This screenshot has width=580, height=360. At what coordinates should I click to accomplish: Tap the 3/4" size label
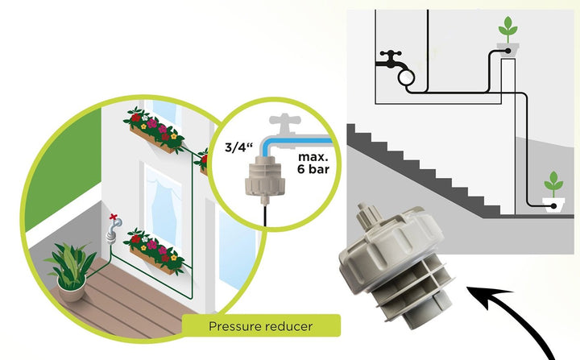tap(238, 147)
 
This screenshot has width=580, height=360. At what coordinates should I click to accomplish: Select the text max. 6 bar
tap(313, 163)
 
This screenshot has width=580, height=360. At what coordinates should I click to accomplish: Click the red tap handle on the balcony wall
tap(114, 217)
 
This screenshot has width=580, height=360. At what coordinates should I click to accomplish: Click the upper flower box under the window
tap(154, 130)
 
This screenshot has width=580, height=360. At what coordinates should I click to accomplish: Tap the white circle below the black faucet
tap(406, 77)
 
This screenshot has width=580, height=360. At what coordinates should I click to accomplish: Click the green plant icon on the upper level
tap(507, 30)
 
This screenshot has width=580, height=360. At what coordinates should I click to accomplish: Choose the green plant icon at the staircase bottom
tap(553, 184)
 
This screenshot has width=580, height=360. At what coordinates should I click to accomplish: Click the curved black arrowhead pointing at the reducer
tap(489, 296)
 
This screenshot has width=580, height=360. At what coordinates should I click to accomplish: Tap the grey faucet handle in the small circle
tap(284, 121)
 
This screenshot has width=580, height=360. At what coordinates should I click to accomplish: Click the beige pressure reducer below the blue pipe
tap(265, 179)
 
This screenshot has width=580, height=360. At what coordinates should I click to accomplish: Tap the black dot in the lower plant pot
tap(553, 206)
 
